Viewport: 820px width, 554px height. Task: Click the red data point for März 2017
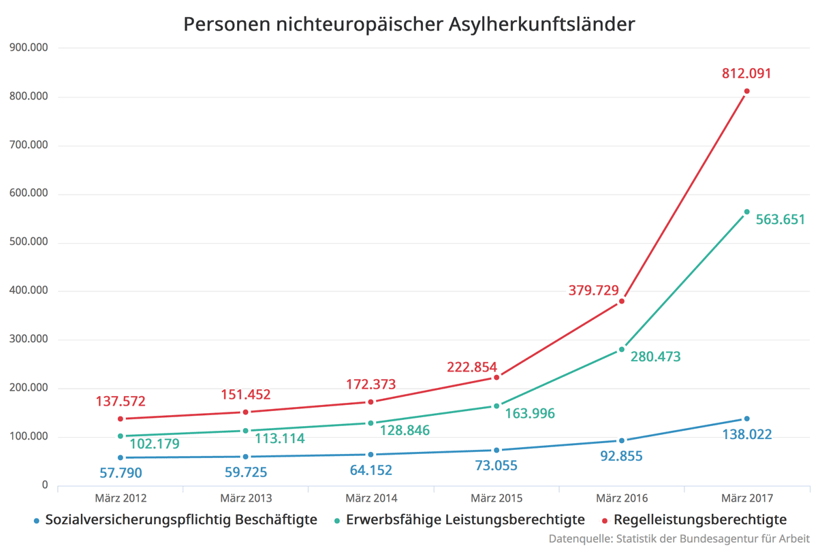(x=746, y=91)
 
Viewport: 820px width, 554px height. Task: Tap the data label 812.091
(x=746, y=73)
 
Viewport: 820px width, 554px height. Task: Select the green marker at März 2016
(x=622, y=350)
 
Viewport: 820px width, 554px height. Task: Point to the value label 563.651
(x=780, y=220)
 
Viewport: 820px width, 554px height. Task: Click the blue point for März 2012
(x=121, y=457)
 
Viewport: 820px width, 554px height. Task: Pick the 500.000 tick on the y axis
(x=30, y=242)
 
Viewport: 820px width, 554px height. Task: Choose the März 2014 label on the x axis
(x=371, y=499)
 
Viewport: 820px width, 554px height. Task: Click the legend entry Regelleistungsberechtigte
(x=700, y=520)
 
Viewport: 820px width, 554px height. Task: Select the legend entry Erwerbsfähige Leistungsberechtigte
(x=465, y=520)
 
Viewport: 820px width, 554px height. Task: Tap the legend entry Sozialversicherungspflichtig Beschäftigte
(x=181, y=520)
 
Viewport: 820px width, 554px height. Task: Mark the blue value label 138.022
(x=746, y=434)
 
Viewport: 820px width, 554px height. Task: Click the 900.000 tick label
(x=30, y=48)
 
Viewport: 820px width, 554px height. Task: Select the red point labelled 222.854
(x=496, y=378)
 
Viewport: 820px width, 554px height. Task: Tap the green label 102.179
(x=155, y=444)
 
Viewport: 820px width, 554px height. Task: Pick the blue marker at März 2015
(x=496, y=451)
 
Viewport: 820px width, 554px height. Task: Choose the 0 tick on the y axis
(x=45, y=485)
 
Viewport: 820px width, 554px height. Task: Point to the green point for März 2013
(x=246, y=431)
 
